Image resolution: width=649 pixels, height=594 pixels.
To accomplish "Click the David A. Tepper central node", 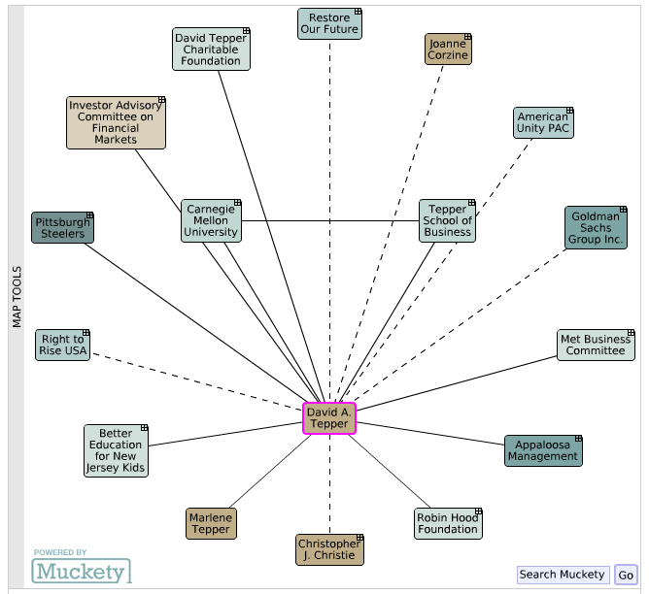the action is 329,418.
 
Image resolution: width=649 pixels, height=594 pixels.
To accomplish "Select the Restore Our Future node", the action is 329,23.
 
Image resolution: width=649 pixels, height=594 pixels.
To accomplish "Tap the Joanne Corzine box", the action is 448,49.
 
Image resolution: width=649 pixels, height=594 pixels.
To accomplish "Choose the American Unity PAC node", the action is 543,122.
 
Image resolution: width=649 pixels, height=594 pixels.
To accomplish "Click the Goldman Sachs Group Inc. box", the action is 596,228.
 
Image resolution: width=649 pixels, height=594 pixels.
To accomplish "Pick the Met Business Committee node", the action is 596,346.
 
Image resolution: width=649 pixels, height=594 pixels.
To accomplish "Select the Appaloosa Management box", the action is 543,450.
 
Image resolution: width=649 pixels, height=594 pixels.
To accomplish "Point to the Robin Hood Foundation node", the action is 448,523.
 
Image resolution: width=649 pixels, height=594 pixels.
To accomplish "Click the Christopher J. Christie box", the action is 329,549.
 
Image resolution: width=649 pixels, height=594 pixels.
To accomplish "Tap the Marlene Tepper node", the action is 211,523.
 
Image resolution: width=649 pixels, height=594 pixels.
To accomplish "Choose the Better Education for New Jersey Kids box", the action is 116,450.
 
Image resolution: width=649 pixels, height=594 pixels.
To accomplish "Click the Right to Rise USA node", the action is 62,346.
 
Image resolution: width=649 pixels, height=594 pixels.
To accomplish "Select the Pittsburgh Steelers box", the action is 62,228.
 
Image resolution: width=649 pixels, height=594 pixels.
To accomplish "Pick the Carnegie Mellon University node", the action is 211,220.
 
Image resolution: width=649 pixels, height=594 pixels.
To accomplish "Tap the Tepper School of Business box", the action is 448,220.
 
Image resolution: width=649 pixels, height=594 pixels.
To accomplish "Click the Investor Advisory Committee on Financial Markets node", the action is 116,122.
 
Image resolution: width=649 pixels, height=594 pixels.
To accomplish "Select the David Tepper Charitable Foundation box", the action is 211,49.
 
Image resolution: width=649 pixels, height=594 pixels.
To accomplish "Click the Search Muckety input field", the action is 563,575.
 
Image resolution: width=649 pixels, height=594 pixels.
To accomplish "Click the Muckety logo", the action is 82,572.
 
